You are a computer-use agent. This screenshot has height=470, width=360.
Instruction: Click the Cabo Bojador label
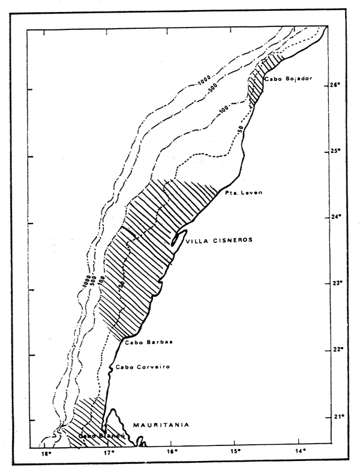click(x=288, y=79)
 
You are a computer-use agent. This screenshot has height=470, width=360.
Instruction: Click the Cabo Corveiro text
click(x=139, y=367)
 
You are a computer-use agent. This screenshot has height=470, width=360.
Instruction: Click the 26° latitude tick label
click(x=335, y=85)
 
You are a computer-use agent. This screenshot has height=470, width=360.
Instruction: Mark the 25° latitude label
click(x=335, y=151)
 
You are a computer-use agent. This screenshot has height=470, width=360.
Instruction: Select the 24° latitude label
click(x=335, y=217)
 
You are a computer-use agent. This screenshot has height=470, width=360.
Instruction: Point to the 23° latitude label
click(x=335, y=283)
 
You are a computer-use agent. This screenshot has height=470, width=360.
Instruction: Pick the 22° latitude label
click(x=335, y=350)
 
